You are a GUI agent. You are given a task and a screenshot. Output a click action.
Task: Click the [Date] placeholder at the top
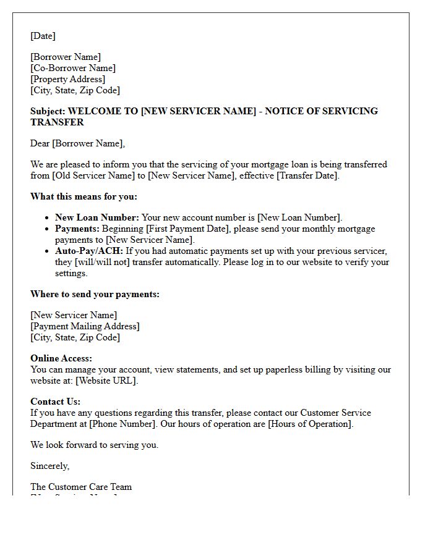(x=43, y=36)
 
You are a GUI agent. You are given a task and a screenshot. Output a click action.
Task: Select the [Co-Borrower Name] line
(x=73, y=68)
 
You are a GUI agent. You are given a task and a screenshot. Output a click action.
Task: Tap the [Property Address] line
(x=68, y=79)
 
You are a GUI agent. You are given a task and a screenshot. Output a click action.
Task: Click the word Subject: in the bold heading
(x=48, y=111)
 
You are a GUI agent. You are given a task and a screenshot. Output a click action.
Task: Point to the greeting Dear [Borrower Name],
(x=77, y=143)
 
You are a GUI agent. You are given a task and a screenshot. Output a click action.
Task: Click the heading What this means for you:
(x=84, y=196)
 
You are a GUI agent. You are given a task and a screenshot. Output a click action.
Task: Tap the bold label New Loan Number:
(x=97, y=217)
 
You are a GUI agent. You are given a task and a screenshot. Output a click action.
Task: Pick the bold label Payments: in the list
(x=77, y=229)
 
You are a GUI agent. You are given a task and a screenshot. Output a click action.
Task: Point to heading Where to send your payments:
(x=95, y=294)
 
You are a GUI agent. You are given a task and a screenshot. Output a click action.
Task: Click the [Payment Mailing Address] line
(x=85, y=326)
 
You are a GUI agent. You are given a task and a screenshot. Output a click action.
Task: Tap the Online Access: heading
(x=61, y=358)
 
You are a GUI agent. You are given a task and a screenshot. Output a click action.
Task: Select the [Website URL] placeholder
(x=106, y=381)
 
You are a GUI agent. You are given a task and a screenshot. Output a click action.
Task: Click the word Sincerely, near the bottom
(x=50, y=466)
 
